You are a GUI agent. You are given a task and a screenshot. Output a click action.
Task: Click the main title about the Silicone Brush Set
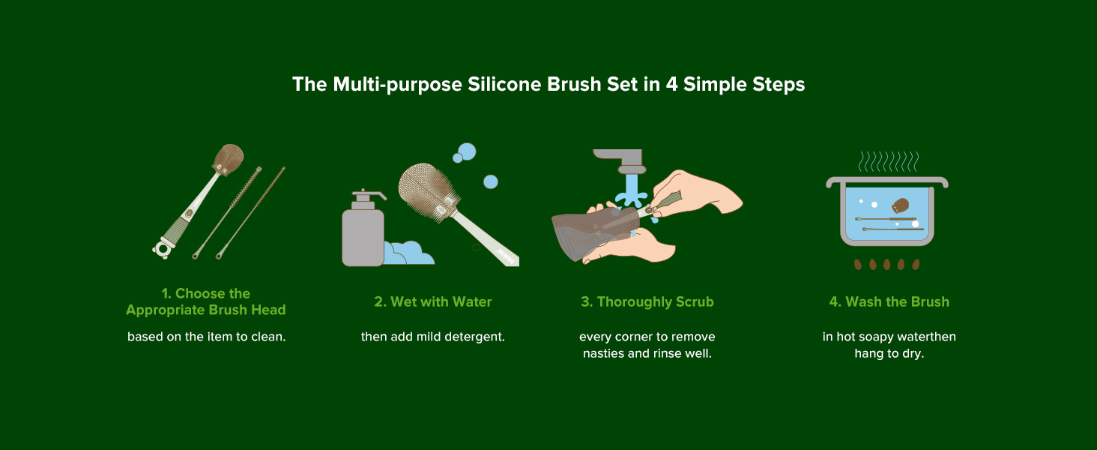pos(548,84)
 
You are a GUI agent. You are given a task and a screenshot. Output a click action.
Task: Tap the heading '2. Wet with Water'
pos(433,301)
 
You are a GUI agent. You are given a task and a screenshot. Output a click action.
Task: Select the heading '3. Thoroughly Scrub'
pos(647,302)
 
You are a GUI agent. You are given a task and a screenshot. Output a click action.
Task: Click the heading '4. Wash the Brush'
pos(889,301)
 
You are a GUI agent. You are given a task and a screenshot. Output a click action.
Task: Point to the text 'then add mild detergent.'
pos(433,337)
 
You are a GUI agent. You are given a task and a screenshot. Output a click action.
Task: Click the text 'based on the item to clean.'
pos(206,337)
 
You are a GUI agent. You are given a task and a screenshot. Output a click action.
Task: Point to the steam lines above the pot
pos(889,161)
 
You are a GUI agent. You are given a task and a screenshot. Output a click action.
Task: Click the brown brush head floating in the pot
pos(900,205)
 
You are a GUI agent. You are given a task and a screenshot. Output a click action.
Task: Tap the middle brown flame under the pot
pos(887,264)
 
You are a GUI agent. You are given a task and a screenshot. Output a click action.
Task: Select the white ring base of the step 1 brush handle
pos(162,249)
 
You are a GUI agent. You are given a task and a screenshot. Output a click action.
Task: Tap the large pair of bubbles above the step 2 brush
pos(465,152)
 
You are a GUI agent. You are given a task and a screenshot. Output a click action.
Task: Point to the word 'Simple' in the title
pos(714,85)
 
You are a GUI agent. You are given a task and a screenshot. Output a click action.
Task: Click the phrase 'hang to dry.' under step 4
pos(889,353)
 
